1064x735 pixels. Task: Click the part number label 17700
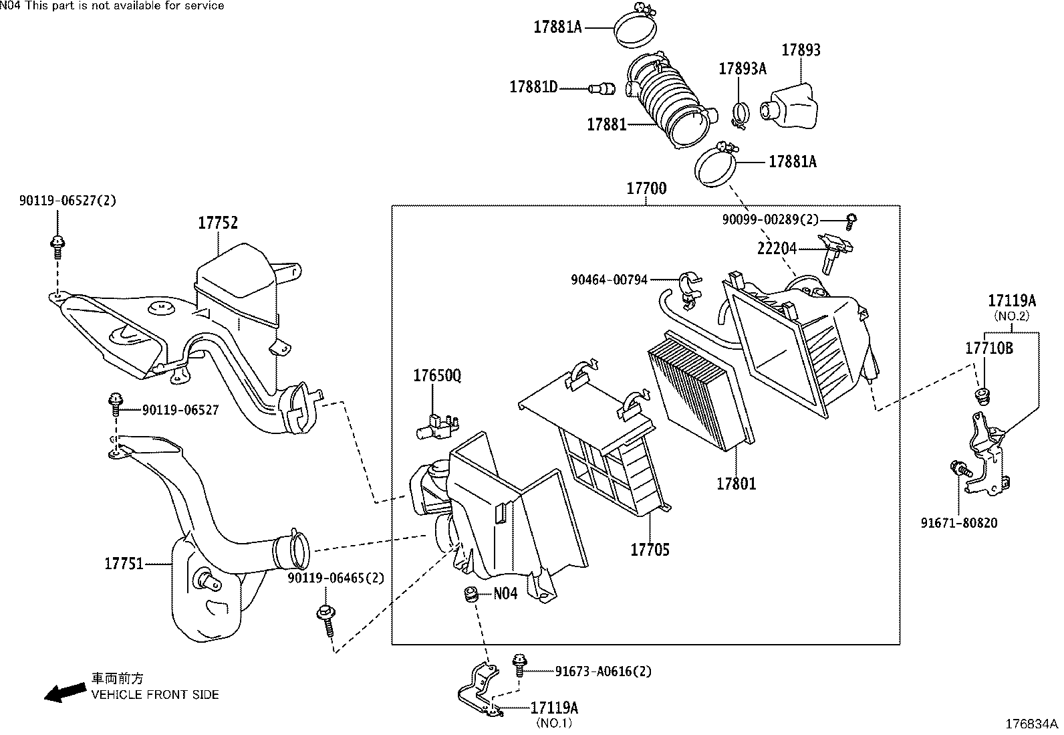click(646, 189)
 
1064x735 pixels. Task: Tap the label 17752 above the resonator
click(217, 223)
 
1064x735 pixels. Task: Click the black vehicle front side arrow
click(63, 692)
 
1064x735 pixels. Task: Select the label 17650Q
click(436, 376)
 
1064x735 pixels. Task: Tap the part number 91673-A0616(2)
click(603, 671)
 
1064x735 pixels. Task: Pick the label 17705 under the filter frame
click(650, 550)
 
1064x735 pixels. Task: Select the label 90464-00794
click(609, 280)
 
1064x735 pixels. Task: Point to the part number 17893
click(801, 50)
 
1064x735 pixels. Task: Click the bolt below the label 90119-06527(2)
click(57, 247)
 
